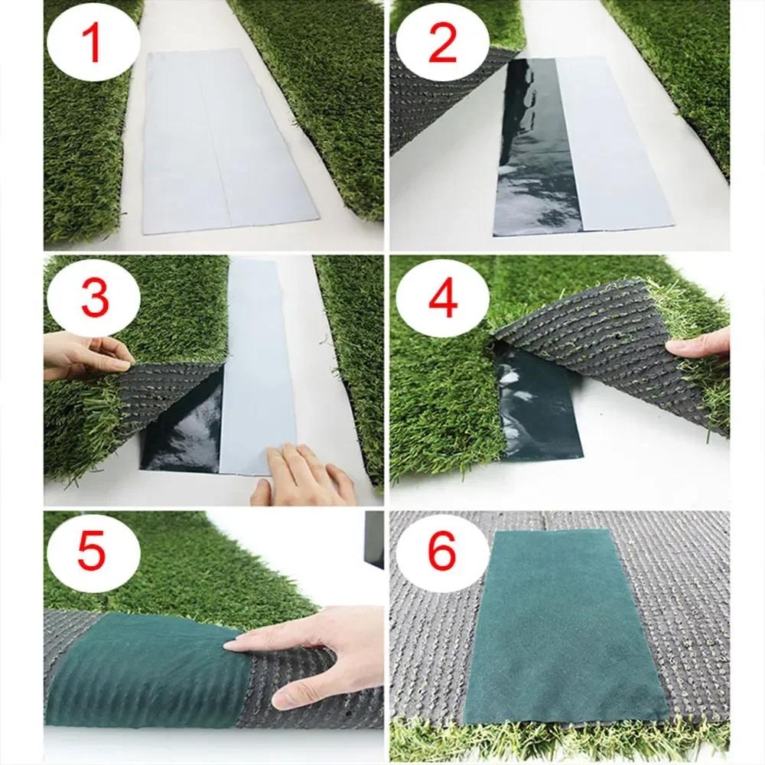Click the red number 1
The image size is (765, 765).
pos(93,44)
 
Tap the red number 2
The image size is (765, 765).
pos(441,44)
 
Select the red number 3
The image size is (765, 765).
pos(94,298)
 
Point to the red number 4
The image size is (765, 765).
pos(441,299)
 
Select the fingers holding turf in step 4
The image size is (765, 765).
pos(700,346)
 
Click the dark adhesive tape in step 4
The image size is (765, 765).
pos(539,405)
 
